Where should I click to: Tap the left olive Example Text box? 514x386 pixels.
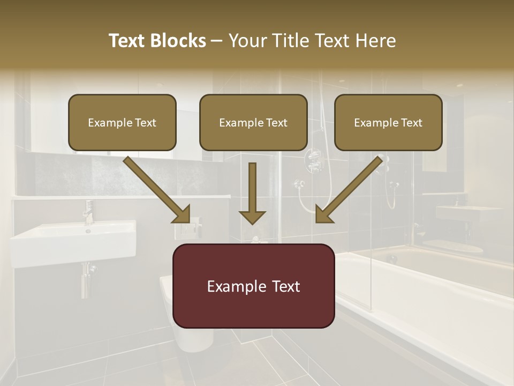tap(122, 122)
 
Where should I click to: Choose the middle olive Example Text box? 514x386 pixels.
tap(253, 122)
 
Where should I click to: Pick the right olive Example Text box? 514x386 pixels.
tap(388, 122)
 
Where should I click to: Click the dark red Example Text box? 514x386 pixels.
tap(253, 286)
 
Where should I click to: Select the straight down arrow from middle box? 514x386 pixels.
tap(252, 193)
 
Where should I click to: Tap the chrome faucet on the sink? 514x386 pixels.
tap(88, 212)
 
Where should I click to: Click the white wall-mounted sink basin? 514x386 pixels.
tap(72, 244)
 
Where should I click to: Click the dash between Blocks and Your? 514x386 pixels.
tap(217, 41)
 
